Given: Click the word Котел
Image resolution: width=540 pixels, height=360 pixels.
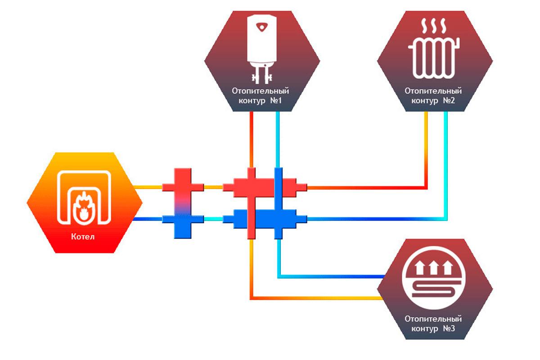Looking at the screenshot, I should click(x=83, y=237).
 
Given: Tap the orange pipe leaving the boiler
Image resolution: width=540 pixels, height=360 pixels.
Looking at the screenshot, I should click(x=148, y=187).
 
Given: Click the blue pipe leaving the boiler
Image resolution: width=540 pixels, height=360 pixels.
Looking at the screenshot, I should click(x=148, y=219).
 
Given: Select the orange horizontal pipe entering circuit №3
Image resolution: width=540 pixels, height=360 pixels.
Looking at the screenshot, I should click(x=315, y=298).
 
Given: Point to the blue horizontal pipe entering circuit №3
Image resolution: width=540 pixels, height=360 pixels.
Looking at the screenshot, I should click(x=333, y=277).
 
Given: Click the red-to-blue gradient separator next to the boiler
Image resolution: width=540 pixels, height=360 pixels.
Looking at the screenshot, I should click(x=183, y=203).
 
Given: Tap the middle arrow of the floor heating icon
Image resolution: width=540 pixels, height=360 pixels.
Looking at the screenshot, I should click(x=434, y=269).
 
